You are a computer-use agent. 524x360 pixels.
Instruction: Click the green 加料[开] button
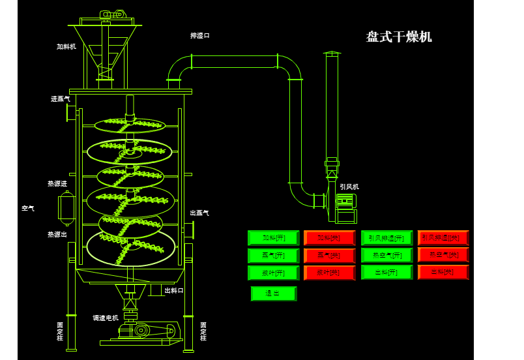[273, 238]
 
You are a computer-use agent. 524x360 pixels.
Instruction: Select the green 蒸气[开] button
[273, 256]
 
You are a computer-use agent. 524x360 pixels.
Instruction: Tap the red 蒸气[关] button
[329, 256]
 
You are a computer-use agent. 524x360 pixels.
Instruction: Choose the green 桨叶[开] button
[273, 273]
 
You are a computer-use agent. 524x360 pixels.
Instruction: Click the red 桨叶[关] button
[329, 273]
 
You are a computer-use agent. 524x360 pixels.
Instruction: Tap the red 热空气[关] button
[443, 255]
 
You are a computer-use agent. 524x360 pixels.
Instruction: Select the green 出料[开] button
[386, 273]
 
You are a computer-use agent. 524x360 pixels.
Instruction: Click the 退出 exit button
[273, 293]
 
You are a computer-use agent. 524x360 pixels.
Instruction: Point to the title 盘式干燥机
[399, 37]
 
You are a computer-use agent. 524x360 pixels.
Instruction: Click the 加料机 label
[66, 47]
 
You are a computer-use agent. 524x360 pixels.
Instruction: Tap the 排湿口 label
[200, 36]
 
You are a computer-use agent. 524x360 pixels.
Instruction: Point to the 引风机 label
[349, 187]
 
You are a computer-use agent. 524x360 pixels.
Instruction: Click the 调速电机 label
[106, 318]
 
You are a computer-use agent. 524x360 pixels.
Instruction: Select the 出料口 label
[174, 291]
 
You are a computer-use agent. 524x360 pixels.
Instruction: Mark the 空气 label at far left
[28, 209]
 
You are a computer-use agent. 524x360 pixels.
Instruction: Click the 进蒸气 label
[61, 99]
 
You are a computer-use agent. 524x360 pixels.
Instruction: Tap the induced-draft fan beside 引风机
[345, 207]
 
